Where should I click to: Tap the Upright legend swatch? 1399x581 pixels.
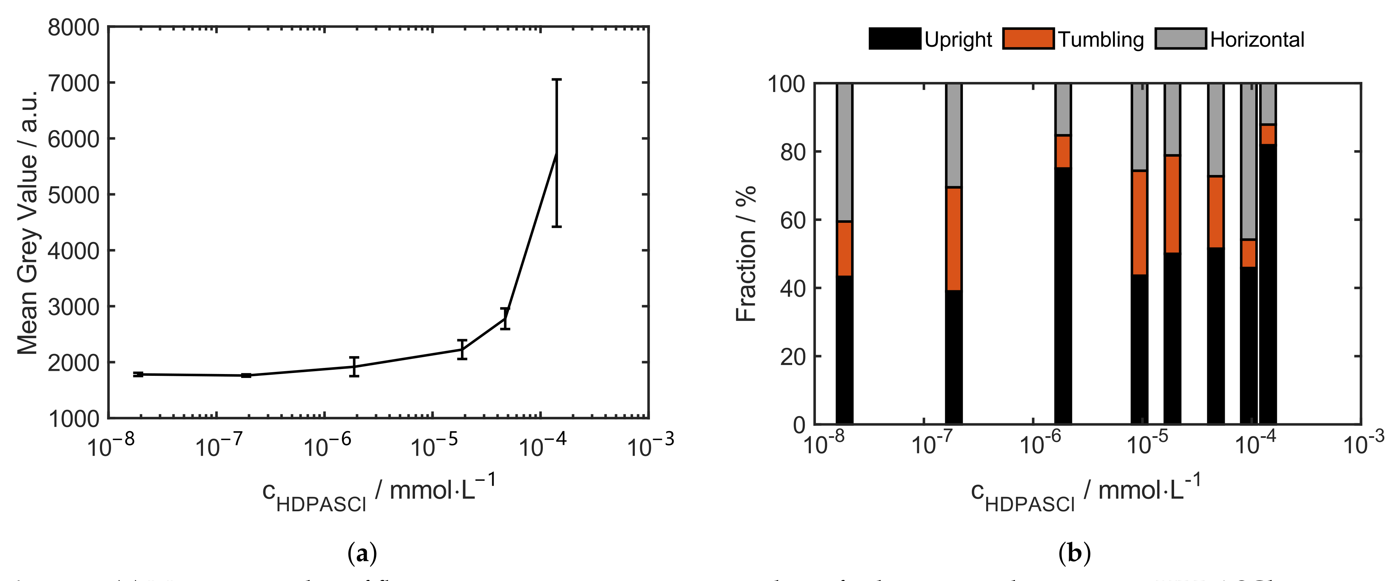click(895, 38)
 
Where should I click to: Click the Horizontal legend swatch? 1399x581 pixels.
click(1181, 38)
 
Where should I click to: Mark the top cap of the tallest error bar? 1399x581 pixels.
click(556, 80)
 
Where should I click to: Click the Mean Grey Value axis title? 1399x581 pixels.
click(27, 223)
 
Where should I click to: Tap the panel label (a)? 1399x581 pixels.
click(362, 553)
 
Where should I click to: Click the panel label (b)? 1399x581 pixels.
click(1074, 553)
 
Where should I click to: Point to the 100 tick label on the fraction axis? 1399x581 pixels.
click(786, 84)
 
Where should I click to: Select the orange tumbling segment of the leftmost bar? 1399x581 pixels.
click(845, 249)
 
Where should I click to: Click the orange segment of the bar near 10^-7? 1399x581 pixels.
click(954, 239)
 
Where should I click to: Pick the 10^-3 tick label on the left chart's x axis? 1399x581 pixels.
click(650, 445)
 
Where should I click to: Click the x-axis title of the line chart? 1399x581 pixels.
click(379, 492)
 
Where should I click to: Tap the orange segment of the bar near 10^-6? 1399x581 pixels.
click(1063, 152)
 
